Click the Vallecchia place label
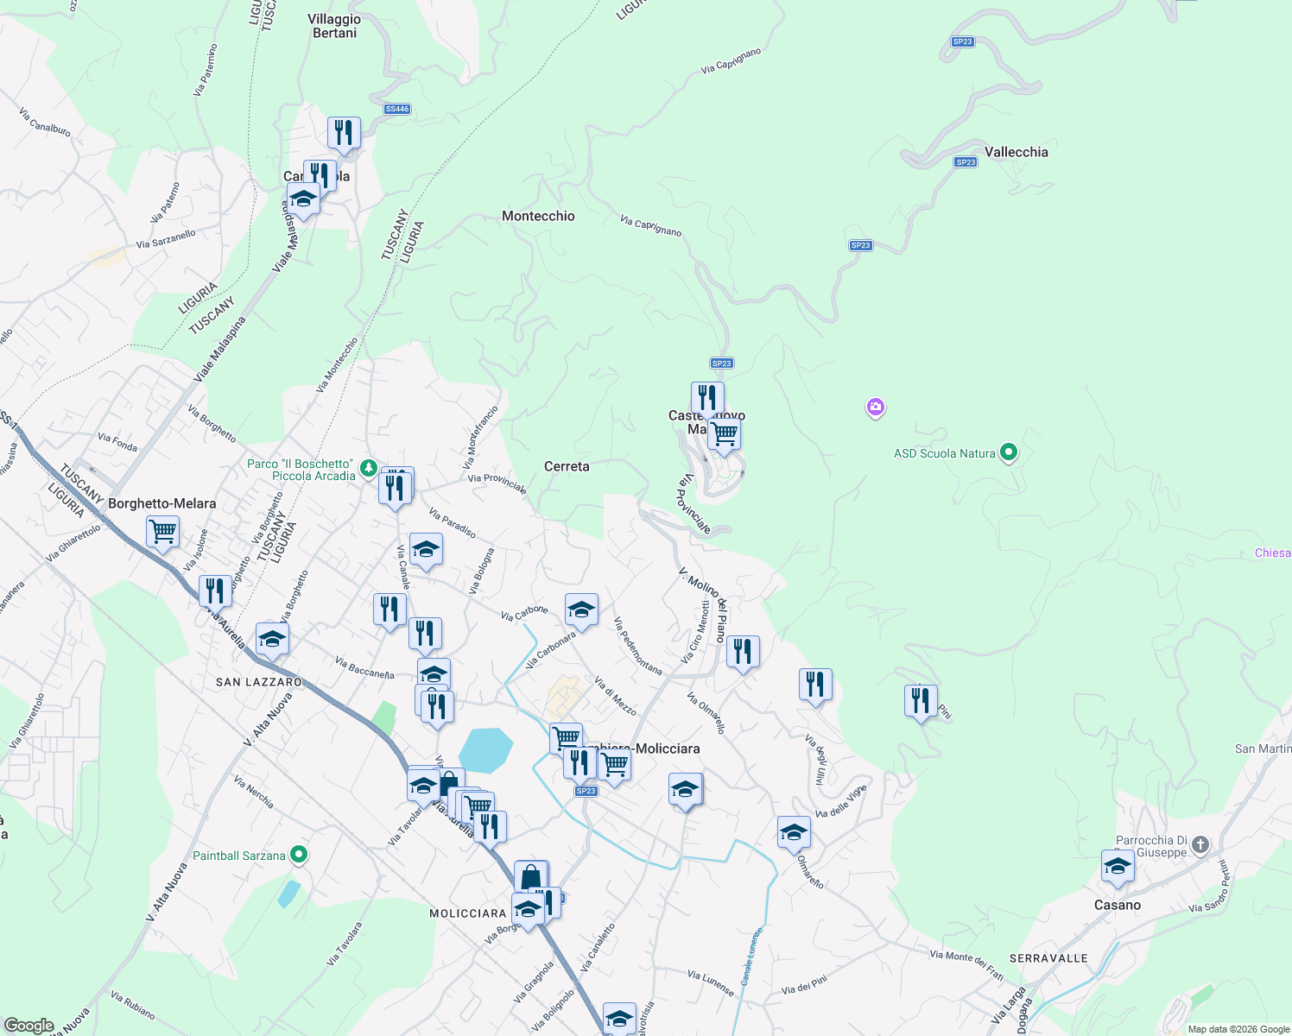pos(1016,152)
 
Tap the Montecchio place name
pos(538,216)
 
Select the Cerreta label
pos(567,466)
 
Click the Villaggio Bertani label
pos(334,26)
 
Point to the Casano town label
pos(1117,905)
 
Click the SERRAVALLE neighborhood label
pos(1048,958)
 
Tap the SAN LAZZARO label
pos(259,682)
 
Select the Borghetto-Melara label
pos(162,503)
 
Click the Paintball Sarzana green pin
pos(299,856)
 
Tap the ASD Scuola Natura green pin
pos(1008,452)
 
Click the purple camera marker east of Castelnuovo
pos(876,407)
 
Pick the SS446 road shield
pos(397,109)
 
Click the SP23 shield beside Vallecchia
pos(966,161)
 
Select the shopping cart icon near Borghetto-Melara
pos(162,531)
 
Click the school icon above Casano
pos(1117,866)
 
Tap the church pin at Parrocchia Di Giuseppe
pos(1200,846)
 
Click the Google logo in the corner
pos(28,1026)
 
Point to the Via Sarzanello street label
pos(166,239)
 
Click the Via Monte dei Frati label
pos(966,965)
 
